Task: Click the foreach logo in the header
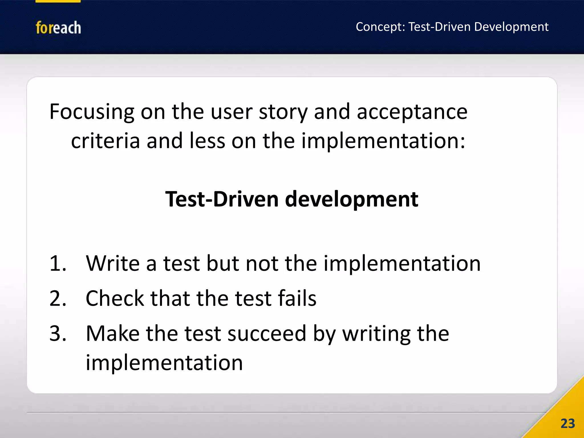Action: (58, 28)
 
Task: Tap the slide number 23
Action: (567, 423)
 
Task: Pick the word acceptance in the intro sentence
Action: (412, 112)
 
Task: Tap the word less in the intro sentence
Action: (207, 141)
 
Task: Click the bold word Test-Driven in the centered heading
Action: (222, 199)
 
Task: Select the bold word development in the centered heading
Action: (352, 199)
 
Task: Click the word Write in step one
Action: (113, 263)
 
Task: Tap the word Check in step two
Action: (115, 299)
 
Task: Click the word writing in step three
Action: (376, 333)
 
